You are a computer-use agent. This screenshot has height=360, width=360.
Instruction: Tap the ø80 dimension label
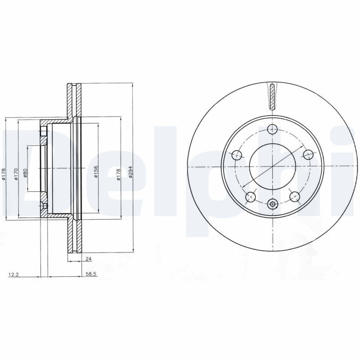(25, 173)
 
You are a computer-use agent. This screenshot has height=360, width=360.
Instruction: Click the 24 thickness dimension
(88, 259)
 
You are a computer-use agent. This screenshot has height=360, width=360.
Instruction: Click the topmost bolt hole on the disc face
(272, 130)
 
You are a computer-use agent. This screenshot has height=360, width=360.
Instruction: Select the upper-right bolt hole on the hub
(308, 155)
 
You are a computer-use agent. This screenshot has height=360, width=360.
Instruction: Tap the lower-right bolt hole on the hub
(295, 196)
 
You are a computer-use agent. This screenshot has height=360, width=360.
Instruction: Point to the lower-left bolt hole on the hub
(250, 197)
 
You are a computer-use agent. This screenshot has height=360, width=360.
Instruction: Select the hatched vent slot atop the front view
(273, 96)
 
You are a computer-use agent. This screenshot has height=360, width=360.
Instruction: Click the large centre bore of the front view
(272, 167)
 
